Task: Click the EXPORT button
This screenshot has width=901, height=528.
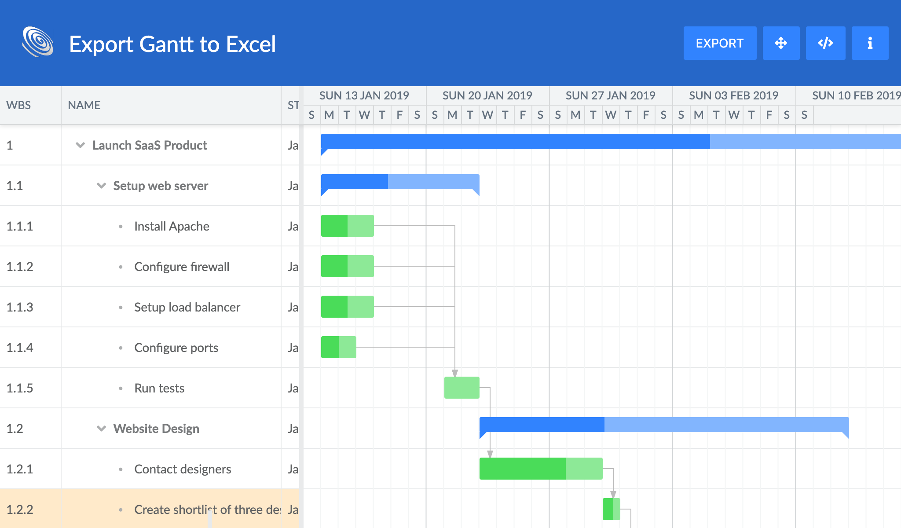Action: click(x=720, y=43)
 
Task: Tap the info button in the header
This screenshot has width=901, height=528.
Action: click(x=870, y=43)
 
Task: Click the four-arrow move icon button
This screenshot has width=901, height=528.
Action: click(x=781, y=43)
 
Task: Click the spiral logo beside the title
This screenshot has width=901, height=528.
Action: click(x=38, y=42)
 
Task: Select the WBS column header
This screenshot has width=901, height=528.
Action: click(x=19, y=105)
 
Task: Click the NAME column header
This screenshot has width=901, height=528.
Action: click(x=84, y=105)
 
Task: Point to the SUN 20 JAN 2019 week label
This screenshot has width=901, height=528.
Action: click(x=487, y=95)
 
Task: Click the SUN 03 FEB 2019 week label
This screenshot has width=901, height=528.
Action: click(x=733, y=95)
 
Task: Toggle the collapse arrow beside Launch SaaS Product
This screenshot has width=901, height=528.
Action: click(x=80, y=145)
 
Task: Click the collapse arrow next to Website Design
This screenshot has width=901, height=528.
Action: click(x=101, y=429)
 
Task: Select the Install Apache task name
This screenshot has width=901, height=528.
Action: click(x=172, y=226)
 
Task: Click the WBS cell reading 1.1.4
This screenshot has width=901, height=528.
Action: click(x=20, y=348)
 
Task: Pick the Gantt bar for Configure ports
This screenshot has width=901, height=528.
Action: click(x=338, y=347)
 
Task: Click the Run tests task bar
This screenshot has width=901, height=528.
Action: click(x=461, y=388)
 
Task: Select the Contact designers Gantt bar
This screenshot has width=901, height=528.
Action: click(x=541, y=469)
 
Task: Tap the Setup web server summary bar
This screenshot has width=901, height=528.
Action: click(x=400, y=182)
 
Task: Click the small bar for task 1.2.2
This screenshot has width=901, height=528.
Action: click(x=611, y=509)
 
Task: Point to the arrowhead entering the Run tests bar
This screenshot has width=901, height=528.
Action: click(x=455, y=373)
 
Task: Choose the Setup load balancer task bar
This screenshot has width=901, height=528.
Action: click(x=347, y=307)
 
